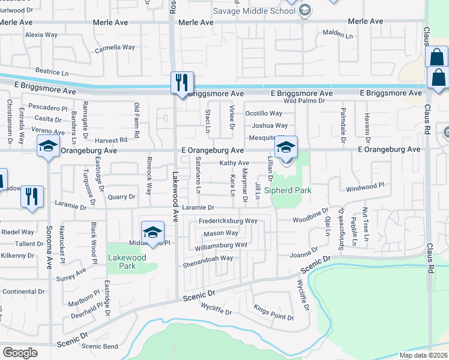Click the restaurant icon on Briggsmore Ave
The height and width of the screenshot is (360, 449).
click(x=181, y=82)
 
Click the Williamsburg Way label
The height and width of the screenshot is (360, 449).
click(x=221, y=245)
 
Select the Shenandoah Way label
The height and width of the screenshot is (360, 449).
click(x=208, y=259)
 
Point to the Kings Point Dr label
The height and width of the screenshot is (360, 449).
click(x=274, y=313)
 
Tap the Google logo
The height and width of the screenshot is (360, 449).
click(x=20, y=352)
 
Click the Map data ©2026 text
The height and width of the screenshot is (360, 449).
click(x=423, y=355)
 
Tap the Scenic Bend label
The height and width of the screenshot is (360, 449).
click(x=100, y=346)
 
